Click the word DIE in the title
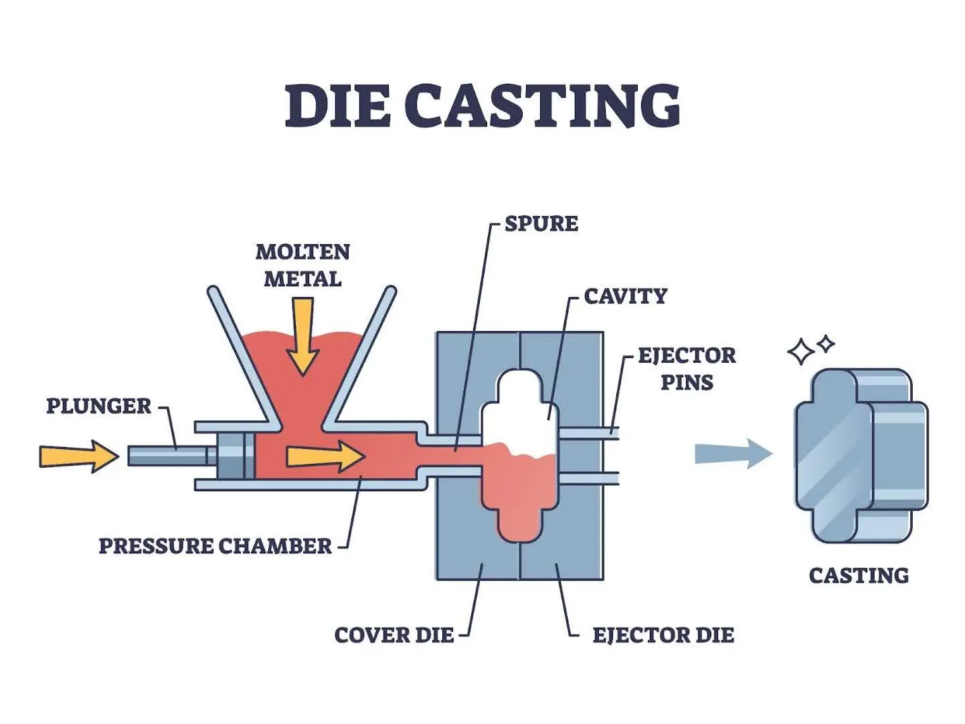coord(337,106)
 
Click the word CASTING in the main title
coord(542,106)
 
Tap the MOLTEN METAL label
coord(302,265)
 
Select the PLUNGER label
coord(98,405)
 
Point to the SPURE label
coord(541,223)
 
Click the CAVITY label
coord(625,296)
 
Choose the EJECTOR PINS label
coord(687,368)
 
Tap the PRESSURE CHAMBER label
coord(215,546)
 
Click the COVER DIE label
coord(393,635)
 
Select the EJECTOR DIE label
coord(663,635)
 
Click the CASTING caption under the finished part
coord(859,575)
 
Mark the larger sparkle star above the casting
coord(800,352)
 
